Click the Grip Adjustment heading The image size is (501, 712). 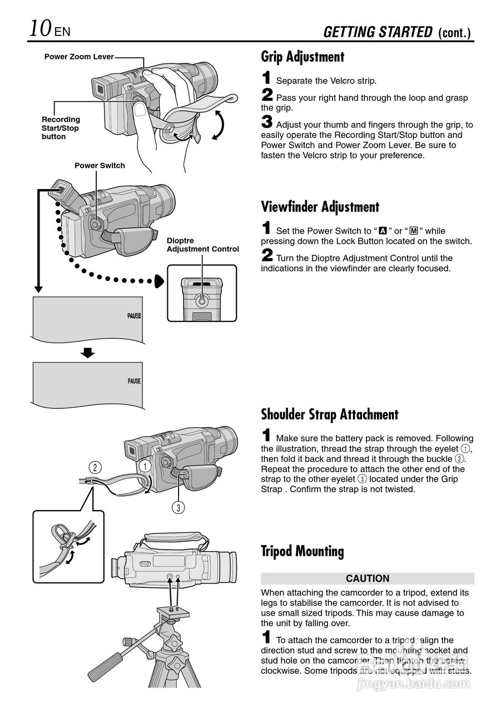[302, 57]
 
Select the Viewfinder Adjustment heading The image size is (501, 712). [320, 207]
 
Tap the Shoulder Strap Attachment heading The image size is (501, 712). [329, 414]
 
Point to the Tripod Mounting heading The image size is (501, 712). [302, 551]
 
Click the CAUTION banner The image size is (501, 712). [367, 578]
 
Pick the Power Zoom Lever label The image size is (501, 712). [78, 57]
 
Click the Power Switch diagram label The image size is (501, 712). [100, 166]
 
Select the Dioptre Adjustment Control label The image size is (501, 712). [202, 245]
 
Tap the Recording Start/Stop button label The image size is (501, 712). [61, 128]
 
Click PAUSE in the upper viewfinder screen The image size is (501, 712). [134, 316]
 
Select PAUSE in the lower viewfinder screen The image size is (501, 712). [134, 382]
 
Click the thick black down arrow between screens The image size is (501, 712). [87, 353]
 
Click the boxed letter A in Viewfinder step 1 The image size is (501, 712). [383, 231]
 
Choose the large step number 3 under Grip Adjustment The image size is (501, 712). [267, 122]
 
